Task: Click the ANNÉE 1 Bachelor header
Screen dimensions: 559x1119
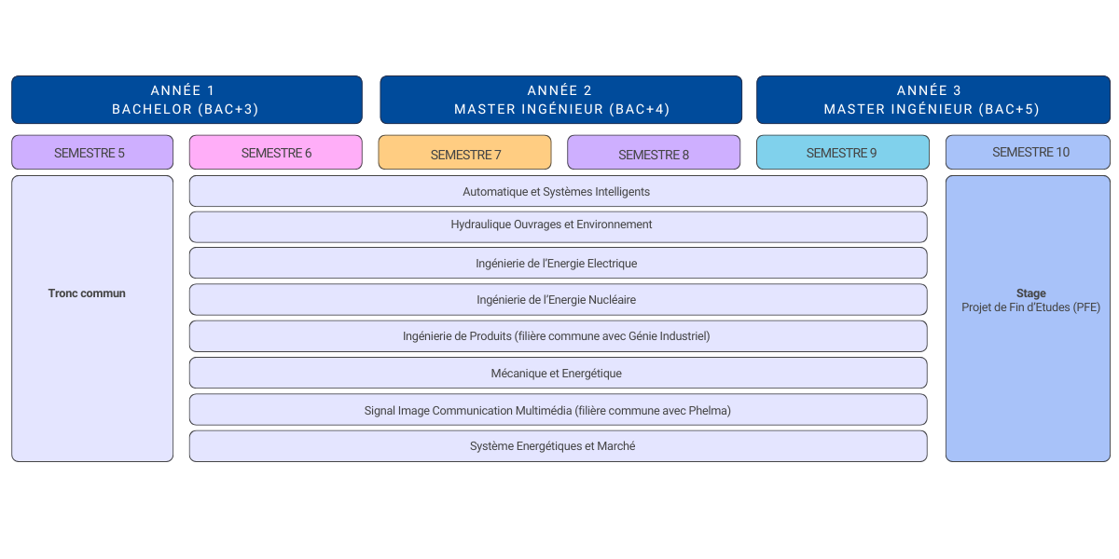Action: [x=186, y=100]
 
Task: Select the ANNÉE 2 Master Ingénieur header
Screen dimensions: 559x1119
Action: [x=560, y=100]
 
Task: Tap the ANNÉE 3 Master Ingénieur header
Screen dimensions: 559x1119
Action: [x=932, y=100]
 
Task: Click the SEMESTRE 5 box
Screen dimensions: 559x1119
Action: [x=91, y=153]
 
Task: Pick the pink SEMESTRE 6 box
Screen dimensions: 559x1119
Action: [x=276, y=153]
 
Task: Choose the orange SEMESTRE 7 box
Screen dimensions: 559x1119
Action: [x=464, y=154]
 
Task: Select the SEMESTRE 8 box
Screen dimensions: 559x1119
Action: [x=654, y=154]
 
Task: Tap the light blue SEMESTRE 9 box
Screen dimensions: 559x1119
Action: [x=841, y=153]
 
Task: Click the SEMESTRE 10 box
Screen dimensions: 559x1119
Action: [x=1028, y=152]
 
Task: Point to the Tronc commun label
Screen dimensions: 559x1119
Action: [x=87, y=293]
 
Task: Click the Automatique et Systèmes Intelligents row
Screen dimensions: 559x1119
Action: [x=557, y=192]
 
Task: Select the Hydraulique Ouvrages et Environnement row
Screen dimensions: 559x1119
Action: [x=557, y=225]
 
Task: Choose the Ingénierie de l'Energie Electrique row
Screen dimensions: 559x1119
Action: [x=557, y=264]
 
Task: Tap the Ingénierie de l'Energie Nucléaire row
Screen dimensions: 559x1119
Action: [x=557, y=300]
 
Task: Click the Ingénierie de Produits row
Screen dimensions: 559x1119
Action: [x=557, y=336]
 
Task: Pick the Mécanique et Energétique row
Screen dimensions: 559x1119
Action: [x=557, y=374]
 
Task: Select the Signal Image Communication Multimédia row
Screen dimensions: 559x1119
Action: [x=557, y=410]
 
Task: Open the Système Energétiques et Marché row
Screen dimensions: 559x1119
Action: [x=557, y=446]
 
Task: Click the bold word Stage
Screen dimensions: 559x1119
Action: [x=1030, y=293]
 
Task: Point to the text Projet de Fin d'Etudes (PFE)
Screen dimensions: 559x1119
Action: [x=1030, y=307]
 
